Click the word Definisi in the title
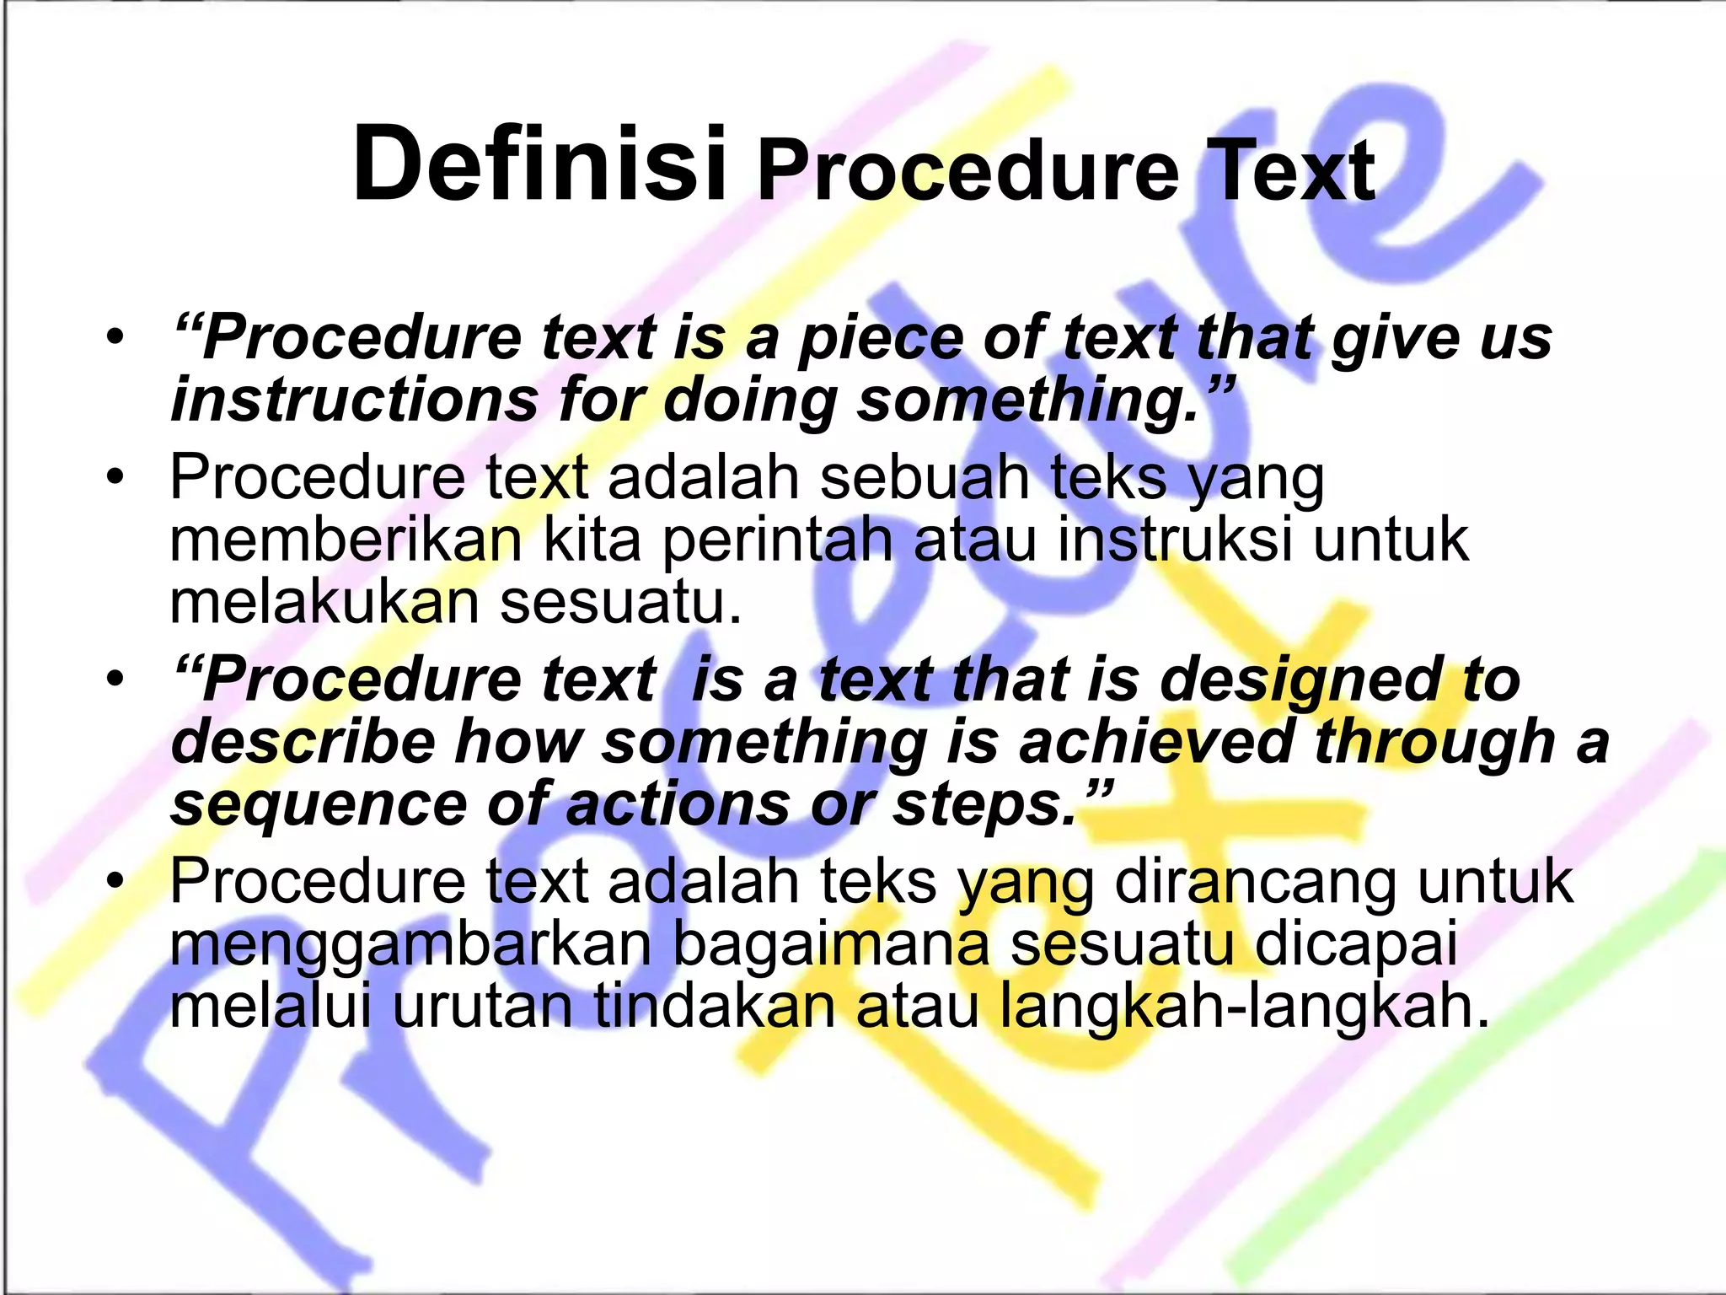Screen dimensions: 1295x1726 point(539,164)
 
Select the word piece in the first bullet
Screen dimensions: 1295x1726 point(880,338)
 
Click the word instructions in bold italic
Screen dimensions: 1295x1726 point(354,400)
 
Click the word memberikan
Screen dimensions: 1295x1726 point(346,540)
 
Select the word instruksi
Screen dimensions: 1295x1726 point(1175,540)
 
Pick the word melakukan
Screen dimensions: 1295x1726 point(324,602)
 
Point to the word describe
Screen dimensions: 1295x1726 point(303,742)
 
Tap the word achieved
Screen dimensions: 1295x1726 point(1155,742)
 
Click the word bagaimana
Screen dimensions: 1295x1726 point(831,944)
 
